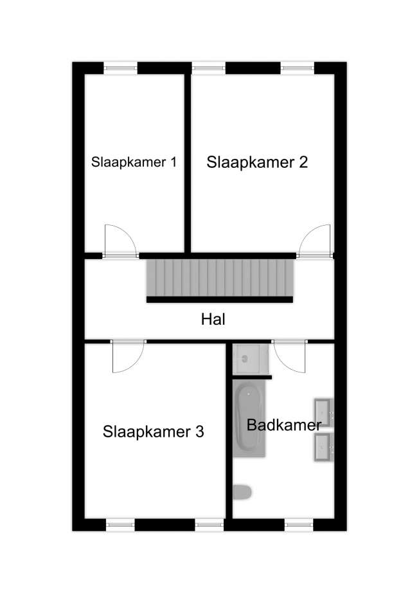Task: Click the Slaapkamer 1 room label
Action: tap(134, 162)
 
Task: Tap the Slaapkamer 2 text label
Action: tap(257, 162)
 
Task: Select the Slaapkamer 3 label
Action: tap(154, 432)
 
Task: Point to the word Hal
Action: tap(213, 320)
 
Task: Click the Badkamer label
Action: tap(284, 425)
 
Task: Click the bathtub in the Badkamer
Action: tap(249, 418)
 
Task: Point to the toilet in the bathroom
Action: tap(242, 493)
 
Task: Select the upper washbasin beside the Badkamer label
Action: tap(323, 412)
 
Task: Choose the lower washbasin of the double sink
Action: tap(323, 447)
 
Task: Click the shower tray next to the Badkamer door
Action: tap(250, 358)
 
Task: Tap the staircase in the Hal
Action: tap(220, 278)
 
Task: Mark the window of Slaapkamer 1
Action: tap(120, 68)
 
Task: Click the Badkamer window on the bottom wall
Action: tap(299, 525)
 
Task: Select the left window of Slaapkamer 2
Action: tap(209, 68)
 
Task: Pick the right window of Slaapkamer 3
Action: tap(209, 525)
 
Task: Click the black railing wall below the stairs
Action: tap(220, 300)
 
